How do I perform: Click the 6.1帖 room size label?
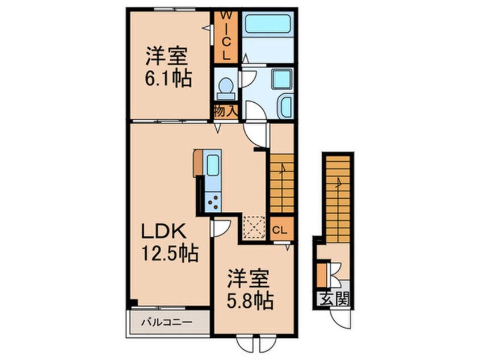click(x=167, y=77)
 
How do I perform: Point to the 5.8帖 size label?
click(x=251, y=300)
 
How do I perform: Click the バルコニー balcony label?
click(x=169, y=321)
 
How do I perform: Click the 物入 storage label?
click(x=225, y=112)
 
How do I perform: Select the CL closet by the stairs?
click(x=281, y=230)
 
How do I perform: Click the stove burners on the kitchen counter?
click(x=213, y=200)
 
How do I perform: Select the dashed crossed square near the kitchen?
click(x=253, y=228)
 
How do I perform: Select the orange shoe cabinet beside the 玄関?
click(x=322, y=275)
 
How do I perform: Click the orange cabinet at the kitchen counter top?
click(x=198, y=162)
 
